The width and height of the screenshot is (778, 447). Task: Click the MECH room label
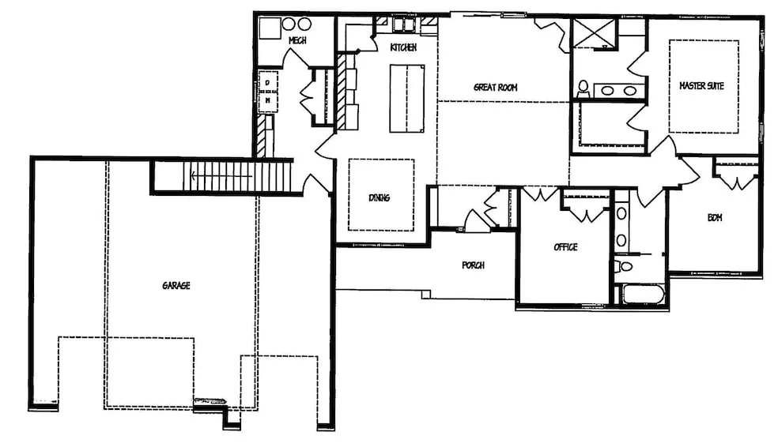click(x=297, y=40)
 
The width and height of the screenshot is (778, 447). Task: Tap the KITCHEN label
click(x=403, y=47)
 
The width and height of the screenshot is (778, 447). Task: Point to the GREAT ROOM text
click(x=495, y=87)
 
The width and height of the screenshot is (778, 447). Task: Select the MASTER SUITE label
click(x=701, y=86)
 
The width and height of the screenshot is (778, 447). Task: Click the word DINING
click(x=379, y=197)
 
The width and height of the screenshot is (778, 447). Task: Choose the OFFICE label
click(x=565, y=246)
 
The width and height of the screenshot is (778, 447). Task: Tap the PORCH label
click(x=473, y=265)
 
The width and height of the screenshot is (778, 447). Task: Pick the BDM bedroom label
click(x=715, y=217)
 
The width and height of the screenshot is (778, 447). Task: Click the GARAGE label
click(x=176, y=285)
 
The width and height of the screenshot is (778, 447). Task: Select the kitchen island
click(x=407, y=98)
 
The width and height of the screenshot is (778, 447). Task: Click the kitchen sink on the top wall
click(x=403, y=24)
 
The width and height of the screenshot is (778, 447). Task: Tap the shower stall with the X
click(x=594, y=33)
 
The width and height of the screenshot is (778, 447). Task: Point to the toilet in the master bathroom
click(x=583, y=89)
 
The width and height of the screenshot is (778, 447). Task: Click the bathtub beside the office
click(x=644, y=295)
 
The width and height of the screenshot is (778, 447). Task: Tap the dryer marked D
click(x=268, y=82)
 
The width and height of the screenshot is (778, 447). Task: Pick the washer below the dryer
click(x=268, y=101)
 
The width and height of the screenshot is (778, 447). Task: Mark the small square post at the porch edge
click(x=425, y=295)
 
